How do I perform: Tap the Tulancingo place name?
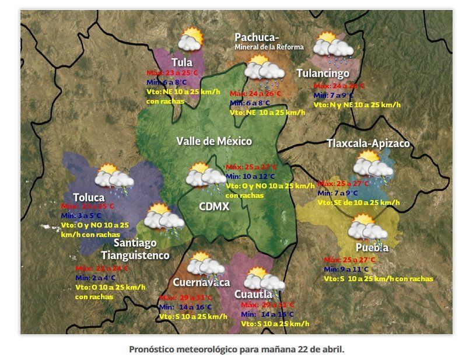coord(323,73)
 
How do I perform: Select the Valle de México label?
coord(214,141)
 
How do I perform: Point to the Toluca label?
coord(89,197)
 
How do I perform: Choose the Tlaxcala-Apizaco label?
coord(368,144)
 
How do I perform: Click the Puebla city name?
coord(372,247)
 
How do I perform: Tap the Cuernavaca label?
coord(202,282)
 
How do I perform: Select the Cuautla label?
coord(253,294)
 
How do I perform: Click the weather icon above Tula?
coord(191,40)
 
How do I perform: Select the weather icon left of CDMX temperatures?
coord(202,176)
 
